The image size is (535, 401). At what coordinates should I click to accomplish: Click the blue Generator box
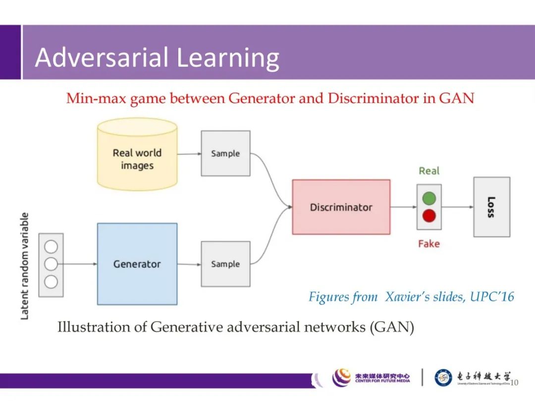(x=137, y=263)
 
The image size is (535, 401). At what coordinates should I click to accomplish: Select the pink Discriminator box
(x=341, y=207)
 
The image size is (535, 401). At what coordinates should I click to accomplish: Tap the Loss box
(x=491, y=207)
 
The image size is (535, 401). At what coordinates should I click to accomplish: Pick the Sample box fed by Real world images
(x=225, y=153)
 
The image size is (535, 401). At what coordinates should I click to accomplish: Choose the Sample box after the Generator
(x=225, y=264)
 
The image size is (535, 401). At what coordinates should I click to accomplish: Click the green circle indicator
(x=429, y=199)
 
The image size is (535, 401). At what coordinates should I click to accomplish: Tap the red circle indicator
(x=429, y=216)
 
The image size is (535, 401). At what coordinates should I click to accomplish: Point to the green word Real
(x=429, y=171)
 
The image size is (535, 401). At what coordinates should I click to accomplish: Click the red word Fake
(x=428, y=244)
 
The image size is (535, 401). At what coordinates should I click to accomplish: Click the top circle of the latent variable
(x=51, y=247)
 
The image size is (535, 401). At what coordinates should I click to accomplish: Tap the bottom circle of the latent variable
(x=51, y=282)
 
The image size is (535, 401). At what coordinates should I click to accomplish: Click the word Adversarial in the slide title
(x=102, y=57)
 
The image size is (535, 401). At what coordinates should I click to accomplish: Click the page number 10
(x=514, y=382)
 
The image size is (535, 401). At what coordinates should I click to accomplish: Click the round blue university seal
(x=443, y=378)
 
